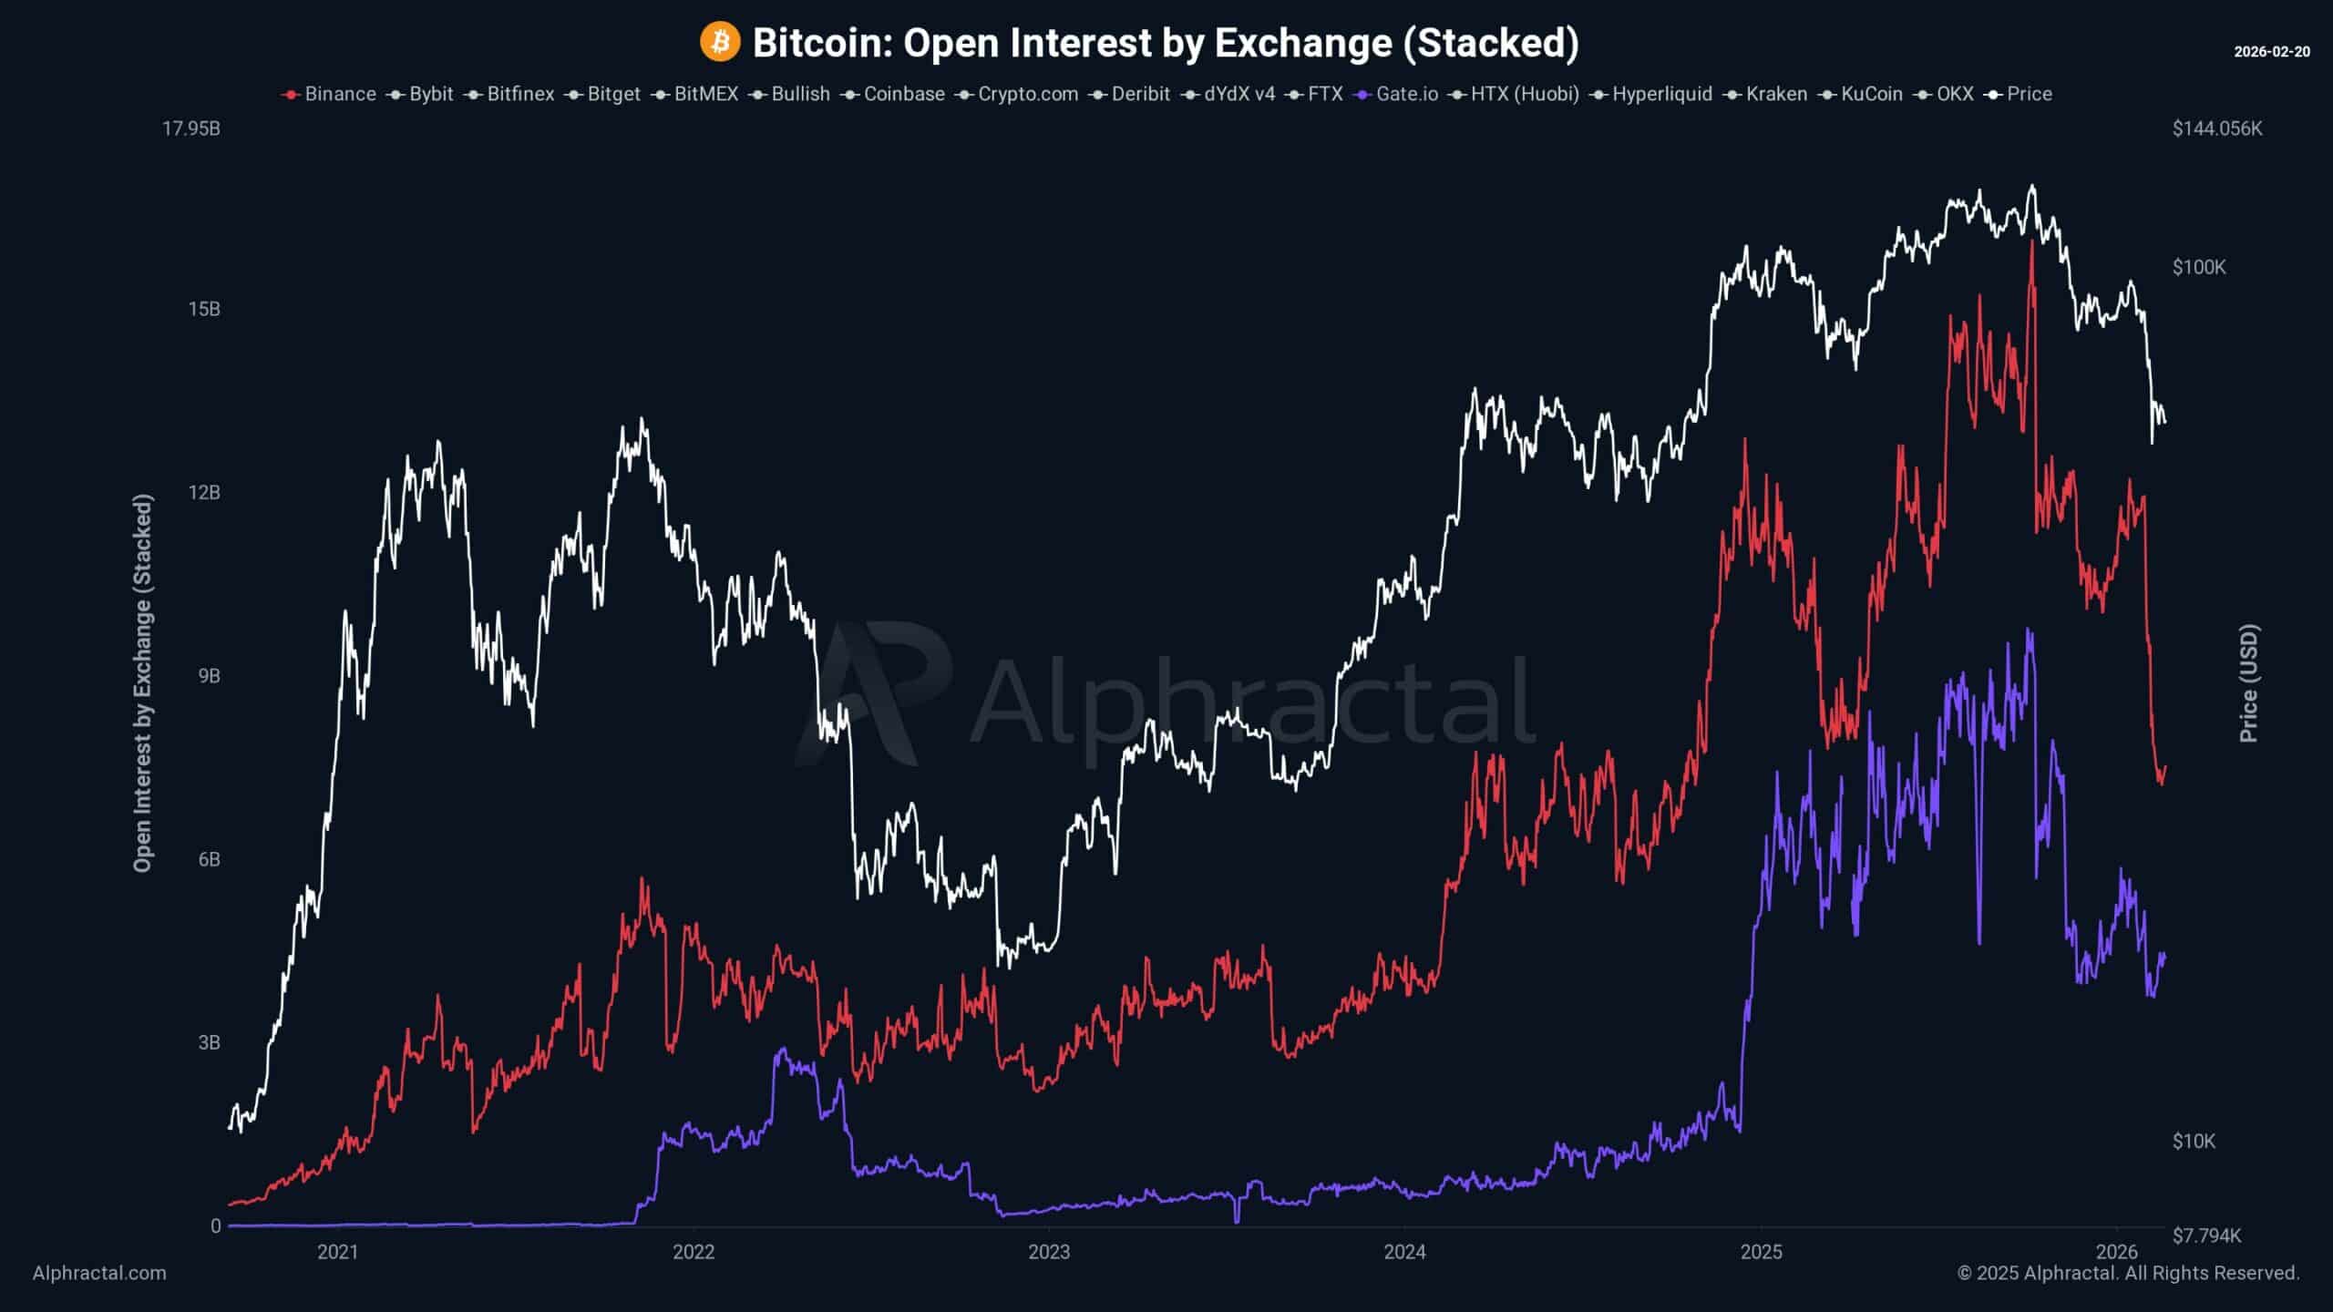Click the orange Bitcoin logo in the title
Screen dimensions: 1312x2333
(x=719, y=43)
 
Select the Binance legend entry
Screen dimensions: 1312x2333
(x=330, y=94)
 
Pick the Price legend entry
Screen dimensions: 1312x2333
(x=2020, y=94)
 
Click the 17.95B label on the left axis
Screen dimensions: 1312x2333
(x=191, y=128)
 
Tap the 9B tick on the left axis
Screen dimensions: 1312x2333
(x=209, y=676)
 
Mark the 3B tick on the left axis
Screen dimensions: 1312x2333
(x=209, y=1042)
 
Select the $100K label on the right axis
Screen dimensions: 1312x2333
(x=2199, y=267)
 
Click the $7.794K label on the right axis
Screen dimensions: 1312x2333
(x=2206, y=1235)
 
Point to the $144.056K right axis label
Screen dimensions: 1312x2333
(x=2216, y=128)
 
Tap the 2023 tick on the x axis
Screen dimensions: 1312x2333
(x=1049, y=1252)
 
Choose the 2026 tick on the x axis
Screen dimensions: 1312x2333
(x=2117, y=1252)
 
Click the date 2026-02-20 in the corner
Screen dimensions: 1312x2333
(x=2271, y=52)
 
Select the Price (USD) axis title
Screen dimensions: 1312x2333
(x=2248, y=683)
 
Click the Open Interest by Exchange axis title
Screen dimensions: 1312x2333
(x=142, y=683)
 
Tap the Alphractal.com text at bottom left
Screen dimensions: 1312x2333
(x=99, y=1273)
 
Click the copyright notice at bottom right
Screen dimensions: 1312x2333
(x=2128, y=1273)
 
